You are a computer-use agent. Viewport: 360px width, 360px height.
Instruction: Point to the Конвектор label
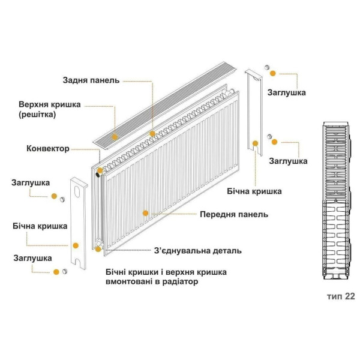tap(48, 148)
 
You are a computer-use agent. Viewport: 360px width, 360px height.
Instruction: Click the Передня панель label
tap(234, 214)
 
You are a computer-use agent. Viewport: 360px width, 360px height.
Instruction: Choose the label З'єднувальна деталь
tap(197, 251)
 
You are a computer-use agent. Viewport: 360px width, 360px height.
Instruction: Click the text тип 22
tap(341, 296)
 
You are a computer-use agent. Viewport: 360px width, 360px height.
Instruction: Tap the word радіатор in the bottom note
tap(177, 281)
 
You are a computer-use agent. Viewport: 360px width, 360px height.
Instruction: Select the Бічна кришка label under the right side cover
tap(254, 191)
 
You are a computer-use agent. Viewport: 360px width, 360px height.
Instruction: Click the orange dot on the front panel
tap(145, 212)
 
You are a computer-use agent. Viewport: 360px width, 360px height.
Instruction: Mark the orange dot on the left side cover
tap(76, 245)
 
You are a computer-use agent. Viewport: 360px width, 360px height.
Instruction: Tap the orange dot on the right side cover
tap(256, 143)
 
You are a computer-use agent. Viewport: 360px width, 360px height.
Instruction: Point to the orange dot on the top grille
tap(153, 133)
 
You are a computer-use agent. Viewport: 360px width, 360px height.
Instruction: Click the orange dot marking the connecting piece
tap(99, 247)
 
